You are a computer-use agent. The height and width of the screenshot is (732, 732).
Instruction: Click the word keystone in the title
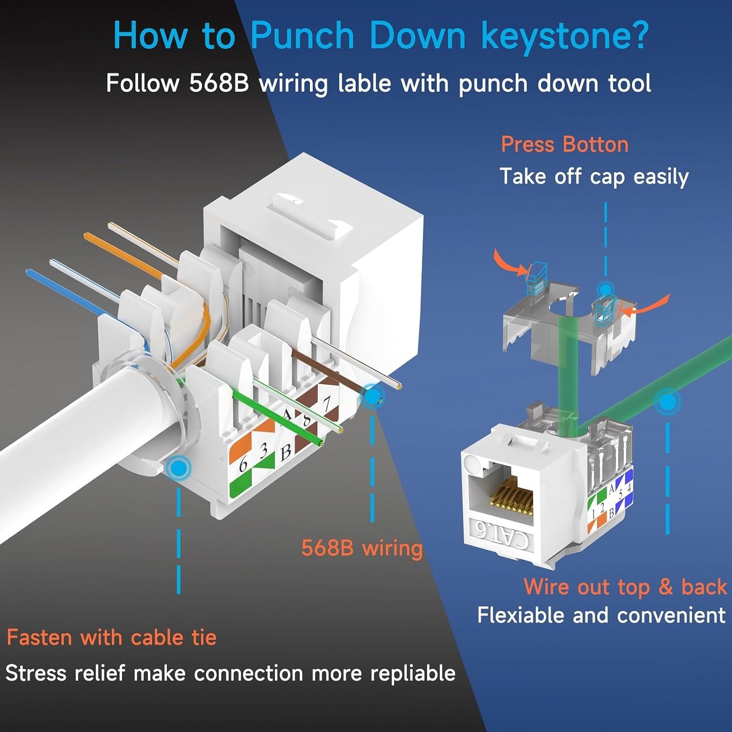click(564, 36)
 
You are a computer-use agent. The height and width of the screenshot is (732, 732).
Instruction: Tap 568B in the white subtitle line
click(219, 84)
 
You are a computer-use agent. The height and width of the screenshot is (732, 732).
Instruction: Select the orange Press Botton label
click(564, 145)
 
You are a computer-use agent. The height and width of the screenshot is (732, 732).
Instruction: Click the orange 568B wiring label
click(362, 548)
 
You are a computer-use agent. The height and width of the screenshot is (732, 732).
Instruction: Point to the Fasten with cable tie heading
click(111, 637)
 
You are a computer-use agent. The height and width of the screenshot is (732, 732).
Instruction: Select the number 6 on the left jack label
click(243, 464)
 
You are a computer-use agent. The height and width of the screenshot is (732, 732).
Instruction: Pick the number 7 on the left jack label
click(327, 404)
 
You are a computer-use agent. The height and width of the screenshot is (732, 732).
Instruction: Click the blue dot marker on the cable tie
click(178, 468)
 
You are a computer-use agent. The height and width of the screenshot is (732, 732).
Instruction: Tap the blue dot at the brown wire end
click(373, 397)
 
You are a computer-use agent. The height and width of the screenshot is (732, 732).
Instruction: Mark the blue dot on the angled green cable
click(668, 402)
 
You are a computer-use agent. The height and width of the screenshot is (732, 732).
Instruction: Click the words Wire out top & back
click(625, 587)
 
